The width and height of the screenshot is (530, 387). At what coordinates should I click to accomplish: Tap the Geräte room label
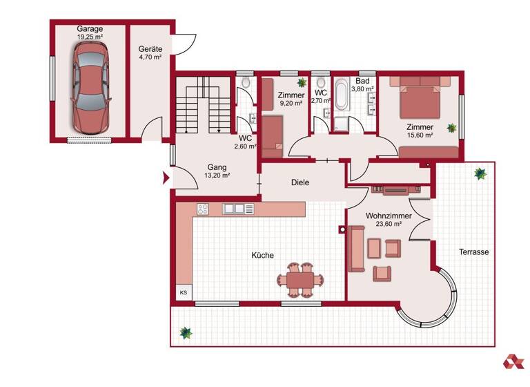pyautogui.click(x=150, y=50)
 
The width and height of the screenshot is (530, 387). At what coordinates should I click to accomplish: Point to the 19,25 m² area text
pyautogui.click(x=90, y=38)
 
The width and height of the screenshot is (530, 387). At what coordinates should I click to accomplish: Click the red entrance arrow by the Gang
pyautogui.click(x=166, y=179)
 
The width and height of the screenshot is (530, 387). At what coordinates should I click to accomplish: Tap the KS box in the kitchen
pyautogui.click(x=183, y=293)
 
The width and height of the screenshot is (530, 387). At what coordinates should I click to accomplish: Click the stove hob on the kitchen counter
pyautogui.click(x=203, y=208)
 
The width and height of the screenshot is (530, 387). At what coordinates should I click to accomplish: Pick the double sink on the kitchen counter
pyautogui.click(x=233, y=208)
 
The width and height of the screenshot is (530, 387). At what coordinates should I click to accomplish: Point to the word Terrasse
pyautogui.click(x=474, y=252)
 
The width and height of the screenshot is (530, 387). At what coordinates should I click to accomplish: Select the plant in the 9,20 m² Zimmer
pyautogui.click(x=302, y=83)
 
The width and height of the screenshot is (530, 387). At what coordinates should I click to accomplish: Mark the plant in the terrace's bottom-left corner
pyautogui.click(x=185, y=333)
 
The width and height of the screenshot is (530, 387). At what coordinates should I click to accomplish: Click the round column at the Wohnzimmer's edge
pyautogui.click(x=342, y=229)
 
